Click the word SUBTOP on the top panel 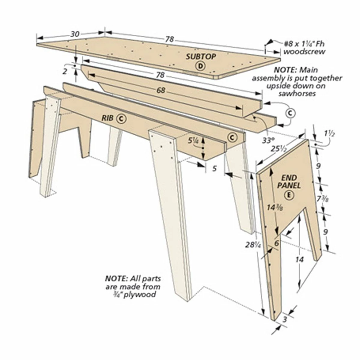201,57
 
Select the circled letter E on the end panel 289,195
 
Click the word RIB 107,118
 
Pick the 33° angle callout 268,139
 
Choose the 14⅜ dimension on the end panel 274,207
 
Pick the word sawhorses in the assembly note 296,93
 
